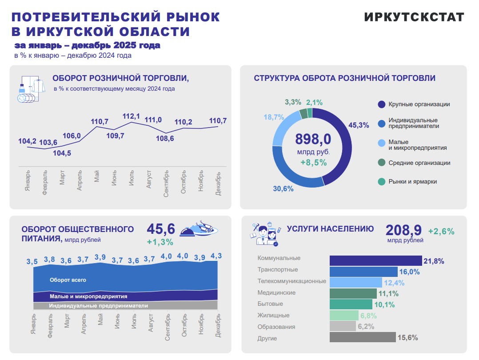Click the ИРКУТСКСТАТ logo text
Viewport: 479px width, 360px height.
click(x=414, y=17)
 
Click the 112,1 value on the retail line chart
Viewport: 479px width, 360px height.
click(x=131, y=116)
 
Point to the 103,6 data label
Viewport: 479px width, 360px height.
click(x=48, y=143)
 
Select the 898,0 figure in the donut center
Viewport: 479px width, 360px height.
click(x=313, y=139)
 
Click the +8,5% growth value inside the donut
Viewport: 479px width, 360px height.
click(x=313, y=162)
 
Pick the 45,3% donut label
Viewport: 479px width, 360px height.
click(x=359, y=125)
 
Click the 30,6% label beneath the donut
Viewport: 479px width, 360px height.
click(x=283, y=189)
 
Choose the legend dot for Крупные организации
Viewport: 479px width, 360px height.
click(x=381, y=104)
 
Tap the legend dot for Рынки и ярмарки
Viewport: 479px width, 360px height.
click(x=381, y=182)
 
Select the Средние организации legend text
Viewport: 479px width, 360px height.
click(x=419, y=163)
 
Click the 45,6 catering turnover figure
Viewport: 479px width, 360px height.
click(x=161, y=229)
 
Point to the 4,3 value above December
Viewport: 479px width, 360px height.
click(x=216, y=256)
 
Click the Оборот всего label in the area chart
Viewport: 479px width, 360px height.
click(x=68, y=280)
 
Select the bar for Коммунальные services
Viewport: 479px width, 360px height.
click(x=375, y=261)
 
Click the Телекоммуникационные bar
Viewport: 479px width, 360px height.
click(x=355, y=282)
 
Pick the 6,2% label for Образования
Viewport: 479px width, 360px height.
click(x=366, y=327)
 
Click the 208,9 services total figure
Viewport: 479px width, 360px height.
click(x=403, y=230)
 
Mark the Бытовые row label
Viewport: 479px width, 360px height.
click(x=270, y=304)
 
